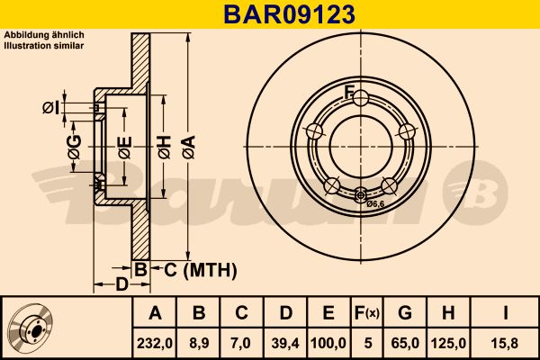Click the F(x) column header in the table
[x=367, y=313]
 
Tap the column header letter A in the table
[x=154, y=313]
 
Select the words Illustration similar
[x=44, y=43]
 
